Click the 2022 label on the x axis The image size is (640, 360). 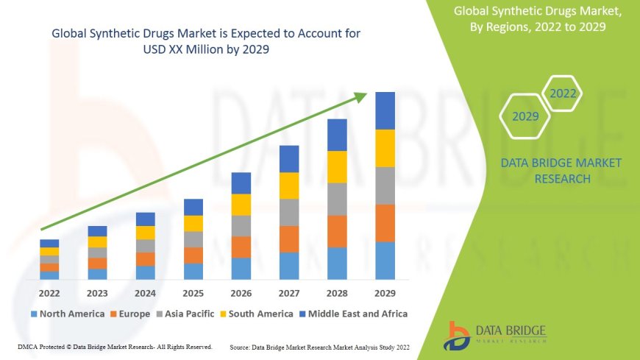coord(49,294)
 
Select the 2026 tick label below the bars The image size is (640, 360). coord(241,294)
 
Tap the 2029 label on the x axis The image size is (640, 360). coord(385,294)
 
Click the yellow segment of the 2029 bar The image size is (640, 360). coord(385,148)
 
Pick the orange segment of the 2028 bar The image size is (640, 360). coord(337,231)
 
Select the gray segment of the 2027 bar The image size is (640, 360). coord(289,212)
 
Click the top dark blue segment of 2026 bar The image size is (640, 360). coord(241,183)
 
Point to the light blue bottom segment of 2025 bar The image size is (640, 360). coord(193,272)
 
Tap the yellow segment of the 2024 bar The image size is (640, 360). coord(146,233)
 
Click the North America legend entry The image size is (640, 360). coord(67,314)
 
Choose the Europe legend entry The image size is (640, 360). coord(132,314)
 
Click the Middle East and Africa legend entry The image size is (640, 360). coord(353,314)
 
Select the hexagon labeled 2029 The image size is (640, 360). coord(525,116)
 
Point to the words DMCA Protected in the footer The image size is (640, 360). coord(46,346)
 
